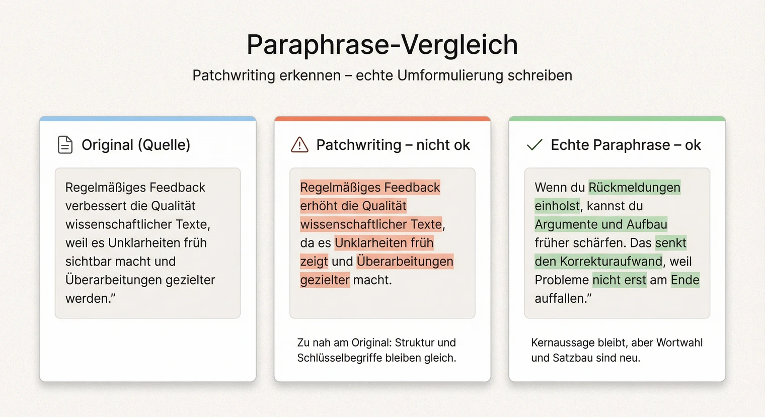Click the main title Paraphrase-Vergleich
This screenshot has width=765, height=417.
pyautogui.click(x=382, y=44)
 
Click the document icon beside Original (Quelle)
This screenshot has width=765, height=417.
pyautogui.click(x=65, y=145)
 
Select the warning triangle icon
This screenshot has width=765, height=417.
pyautogui.click(x=299, y=145)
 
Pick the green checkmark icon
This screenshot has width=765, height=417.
pyautogui.click(x=534, y=145)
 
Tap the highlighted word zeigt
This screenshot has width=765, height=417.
pyautogui.click(x=314, y=262)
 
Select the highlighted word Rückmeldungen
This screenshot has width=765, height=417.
pyautogui.click(x=634, y=188)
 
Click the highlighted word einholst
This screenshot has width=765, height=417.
pyautogui.click(x=557, y=206)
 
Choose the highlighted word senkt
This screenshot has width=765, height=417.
pyautogui.click(x=670, y=243)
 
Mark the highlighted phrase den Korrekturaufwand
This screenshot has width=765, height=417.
pyautogui.click(x=598, y=262)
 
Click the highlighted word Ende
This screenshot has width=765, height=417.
pyautogui.click(x=685, y=280)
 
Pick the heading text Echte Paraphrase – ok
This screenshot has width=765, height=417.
pyautogui.click(x=626, y=145)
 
